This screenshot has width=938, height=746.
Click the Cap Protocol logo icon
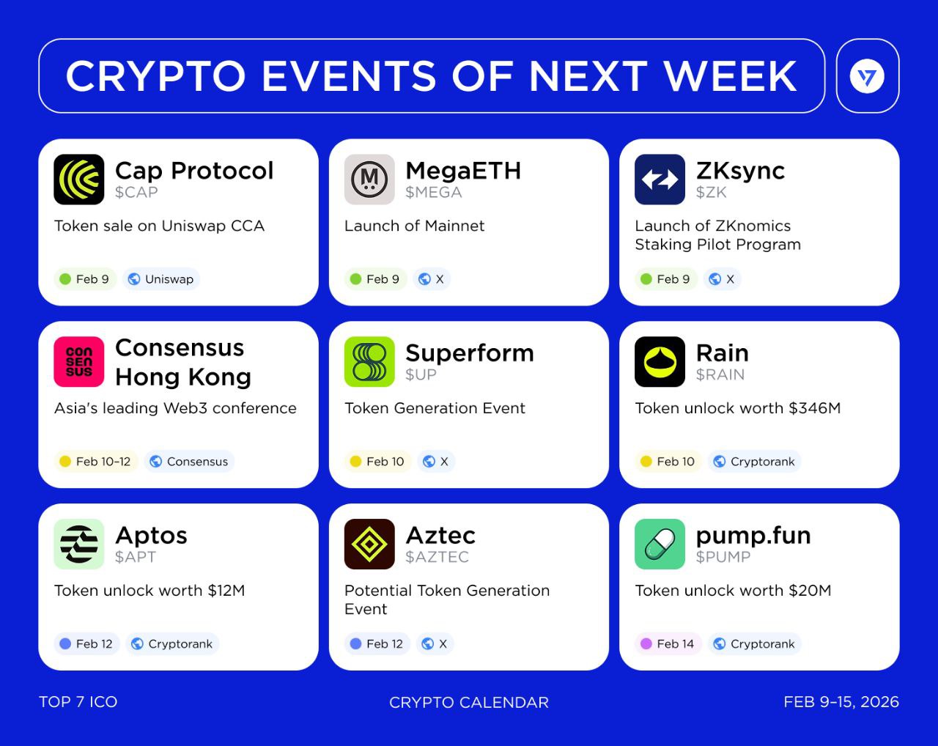click(79, 180)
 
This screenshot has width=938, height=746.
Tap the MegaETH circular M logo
click(369, 180)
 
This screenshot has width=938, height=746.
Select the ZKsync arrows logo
click(660, 180)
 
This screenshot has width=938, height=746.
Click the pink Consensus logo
click(79, 361)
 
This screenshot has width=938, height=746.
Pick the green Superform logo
click(369, 361)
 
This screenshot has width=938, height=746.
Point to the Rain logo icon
click(660, 361)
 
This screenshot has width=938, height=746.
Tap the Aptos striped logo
click(79, 544)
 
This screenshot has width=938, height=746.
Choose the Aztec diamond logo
click(369, 544)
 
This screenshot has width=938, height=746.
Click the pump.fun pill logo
click(660, 544)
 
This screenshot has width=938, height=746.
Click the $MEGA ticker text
click(433, 192)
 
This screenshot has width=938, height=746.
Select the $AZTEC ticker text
click(437, 557)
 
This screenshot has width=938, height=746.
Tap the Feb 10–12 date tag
click(96, 461)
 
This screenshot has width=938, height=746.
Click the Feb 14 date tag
click(668, 643)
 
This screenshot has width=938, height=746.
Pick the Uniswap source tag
click(161, 279)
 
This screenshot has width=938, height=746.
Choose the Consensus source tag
click(189, 461)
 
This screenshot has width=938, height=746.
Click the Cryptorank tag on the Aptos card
click(172, 643)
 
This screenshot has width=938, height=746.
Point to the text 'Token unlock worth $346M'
click(737, 408)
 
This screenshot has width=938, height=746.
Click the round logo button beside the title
click(868, 76)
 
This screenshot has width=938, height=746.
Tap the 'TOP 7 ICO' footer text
click(78, 702)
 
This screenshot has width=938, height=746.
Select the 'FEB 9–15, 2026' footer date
click(841, 702)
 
